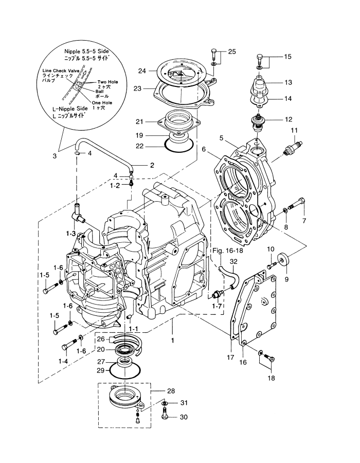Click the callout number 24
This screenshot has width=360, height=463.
(x=142, y=71)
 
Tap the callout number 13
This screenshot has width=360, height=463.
(x=288, y=82)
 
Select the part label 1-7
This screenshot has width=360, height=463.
(x=217, y=306)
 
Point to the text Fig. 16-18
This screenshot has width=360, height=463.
(x=227, y=251)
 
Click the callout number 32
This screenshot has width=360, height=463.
(x=233, y=262)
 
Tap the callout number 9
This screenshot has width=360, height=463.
(x=286, y=279)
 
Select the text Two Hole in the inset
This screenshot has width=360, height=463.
(x=107, y=82)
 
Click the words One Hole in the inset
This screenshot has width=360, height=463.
(x=102, y=103)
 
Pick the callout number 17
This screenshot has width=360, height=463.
(x=230, y=358)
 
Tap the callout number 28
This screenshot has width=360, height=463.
(x=171, y=391)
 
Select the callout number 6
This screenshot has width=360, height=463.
(x=204, y=149)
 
